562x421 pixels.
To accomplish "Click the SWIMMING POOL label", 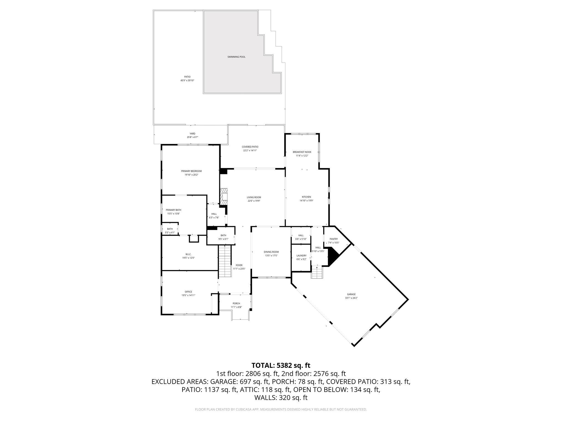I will (x=236, y=57).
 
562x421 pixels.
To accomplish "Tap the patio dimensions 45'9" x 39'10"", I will (x=187, y=81).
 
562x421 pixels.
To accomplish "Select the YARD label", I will (x=192, y=133).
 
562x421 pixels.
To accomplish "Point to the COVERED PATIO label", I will (x=250, y=147).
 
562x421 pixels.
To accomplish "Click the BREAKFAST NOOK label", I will (x=302, y=152).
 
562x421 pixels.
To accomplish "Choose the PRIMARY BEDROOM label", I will (x=191, y=171).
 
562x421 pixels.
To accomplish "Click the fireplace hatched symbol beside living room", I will (x=224, y=197).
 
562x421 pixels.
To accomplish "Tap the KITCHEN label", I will (x=307, y=197).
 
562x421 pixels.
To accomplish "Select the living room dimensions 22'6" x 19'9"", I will (x=254, y=201).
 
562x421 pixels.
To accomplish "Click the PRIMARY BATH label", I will (x=173, y=210).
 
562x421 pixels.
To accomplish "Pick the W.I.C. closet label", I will (x=188, y=254).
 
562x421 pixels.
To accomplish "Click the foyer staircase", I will (x=225, y=261).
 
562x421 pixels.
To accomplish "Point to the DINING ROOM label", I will (x=271, y=252).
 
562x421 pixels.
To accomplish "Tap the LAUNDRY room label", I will (x=301, y=255).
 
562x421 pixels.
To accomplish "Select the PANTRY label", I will (x=334, y=239).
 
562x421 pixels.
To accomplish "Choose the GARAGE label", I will (x=351, y=294).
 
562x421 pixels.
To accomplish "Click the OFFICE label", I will (x=188, y=292).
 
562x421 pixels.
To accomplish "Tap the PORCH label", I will (x=236, y=303).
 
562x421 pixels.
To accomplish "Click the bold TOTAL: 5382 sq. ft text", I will (x=281, y=365).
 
